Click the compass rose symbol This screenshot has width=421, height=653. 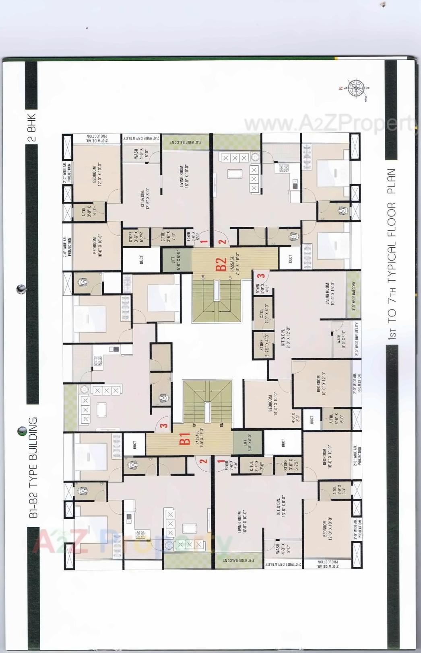pos(355,88)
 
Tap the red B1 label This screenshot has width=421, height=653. pos(184,439)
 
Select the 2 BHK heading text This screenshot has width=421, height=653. pos(31,127)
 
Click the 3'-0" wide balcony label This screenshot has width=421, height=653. pos(354,296)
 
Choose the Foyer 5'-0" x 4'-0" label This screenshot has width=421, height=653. pos(260,289)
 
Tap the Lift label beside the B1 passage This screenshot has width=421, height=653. pos(247,443)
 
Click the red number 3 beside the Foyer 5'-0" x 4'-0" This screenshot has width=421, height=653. pos(261,276)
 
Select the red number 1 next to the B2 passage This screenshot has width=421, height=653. pos(204,242)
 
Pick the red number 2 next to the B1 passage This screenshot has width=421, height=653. pos(204,461)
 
